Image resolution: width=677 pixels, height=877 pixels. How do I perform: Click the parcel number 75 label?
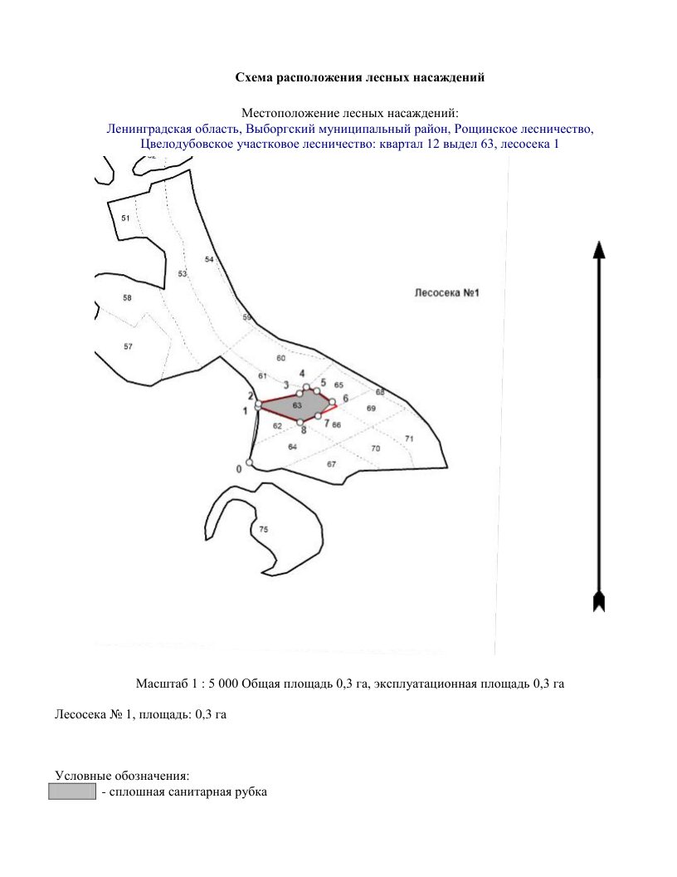click(264, 529)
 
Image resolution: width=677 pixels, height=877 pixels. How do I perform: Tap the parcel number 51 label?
click(125, 218)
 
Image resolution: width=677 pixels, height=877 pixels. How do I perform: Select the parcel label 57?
click(128, 347)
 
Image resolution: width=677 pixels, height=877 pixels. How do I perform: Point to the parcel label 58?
click(128, 298)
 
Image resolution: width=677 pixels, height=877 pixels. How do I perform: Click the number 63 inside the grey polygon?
click(297, 405)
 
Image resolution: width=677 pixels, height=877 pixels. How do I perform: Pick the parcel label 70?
click(375, 448)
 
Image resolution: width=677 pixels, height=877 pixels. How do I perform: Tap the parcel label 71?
click(410, 439)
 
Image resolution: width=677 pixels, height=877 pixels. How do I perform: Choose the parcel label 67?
click(332, 464)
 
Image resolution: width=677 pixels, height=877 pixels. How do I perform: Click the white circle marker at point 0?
click(249, 463)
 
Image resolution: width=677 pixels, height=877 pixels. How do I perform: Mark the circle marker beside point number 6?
click(333, 402)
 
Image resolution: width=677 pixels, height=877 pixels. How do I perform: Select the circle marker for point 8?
click(300, 422)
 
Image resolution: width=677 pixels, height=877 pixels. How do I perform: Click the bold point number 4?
click(302, 374)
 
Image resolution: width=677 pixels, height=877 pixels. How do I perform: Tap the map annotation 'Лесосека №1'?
click(447, 293)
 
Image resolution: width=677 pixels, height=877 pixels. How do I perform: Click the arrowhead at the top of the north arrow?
click(599, 249)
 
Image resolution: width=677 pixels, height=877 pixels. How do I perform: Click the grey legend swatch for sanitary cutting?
click(72, 792)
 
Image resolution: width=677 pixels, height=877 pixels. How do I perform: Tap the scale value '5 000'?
click(223, 683)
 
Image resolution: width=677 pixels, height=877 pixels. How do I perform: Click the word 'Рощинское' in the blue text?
click(485, 130)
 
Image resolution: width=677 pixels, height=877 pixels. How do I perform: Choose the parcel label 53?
click(183, 274)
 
